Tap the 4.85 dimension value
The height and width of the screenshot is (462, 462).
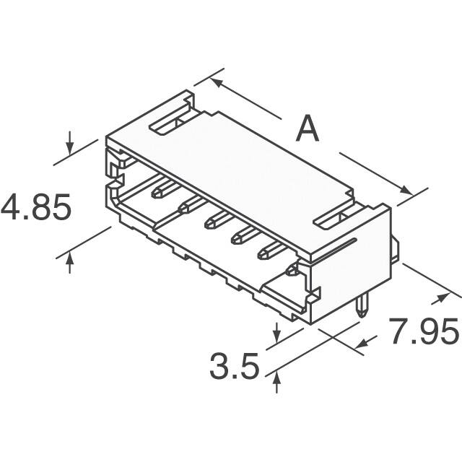coord(36,209)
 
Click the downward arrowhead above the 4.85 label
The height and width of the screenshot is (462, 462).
coord(69,149)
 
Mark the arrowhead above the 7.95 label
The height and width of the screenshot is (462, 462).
coord(438,300)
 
